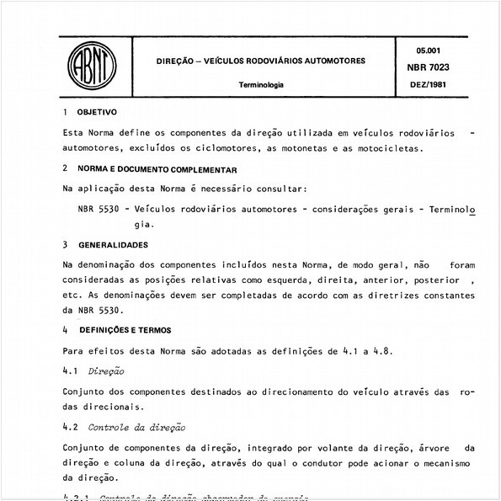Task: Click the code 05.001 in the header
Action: coord(440,50)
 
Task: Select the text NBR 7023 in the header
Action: coord(440,66)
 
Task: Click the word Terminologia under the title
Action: coord(260,85)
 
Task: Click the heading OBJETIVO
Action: coord(97,112)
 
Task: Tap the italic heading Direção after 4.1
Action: coord(105,370)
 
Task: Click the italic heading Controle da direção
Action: coord(136,428)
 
